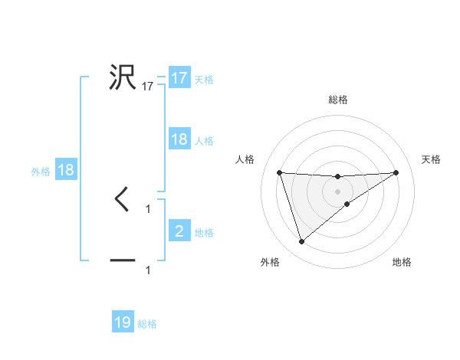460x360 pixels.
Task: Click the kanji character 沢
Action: tap(123, 77)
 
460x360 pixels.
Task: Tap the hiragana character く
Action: tap(122, 200)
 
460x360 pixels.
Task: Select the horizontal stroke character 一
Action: tap(123, 261)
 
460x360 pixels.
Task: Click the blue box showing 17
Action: tap(179, 78)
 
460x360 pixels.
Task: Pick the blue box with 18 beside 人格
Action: tap(179, 139)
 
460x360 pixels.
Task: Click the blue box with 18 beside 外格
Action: tap(66, 170)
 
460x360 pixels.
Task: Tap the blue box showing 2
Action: tap(179, 231)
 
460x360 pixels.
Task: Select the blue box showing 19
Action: tap(123, 322)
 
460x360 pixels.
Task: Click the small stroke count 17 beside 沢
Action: tap(148, 87)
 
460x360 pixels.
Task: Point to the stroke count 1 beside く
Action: tap(148, 208)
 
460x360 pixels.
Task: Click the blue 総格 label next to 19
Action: tap(147, 324)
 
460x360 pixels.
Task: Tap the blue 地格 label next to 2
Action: tap(204, 233)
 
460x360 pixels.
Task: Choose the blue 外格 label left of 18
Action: tap(41, 172)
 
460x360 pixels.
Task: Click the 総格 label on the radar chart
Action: tap(338, 100)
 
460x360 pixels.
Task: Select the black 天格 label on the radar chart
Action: tap(432, 159)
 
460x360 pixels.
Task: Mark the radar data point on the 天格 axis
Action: tap(396, 172)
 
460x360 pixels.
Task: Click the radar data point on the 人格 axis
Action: tap(280, 172)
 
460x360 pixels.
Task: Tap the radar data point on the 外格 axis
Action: tap(301, 242)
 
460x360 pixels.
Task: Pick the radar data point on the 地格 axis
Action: tap(347, 204)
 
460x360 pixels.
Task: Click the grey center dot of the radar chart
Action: tap(338, 191)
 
